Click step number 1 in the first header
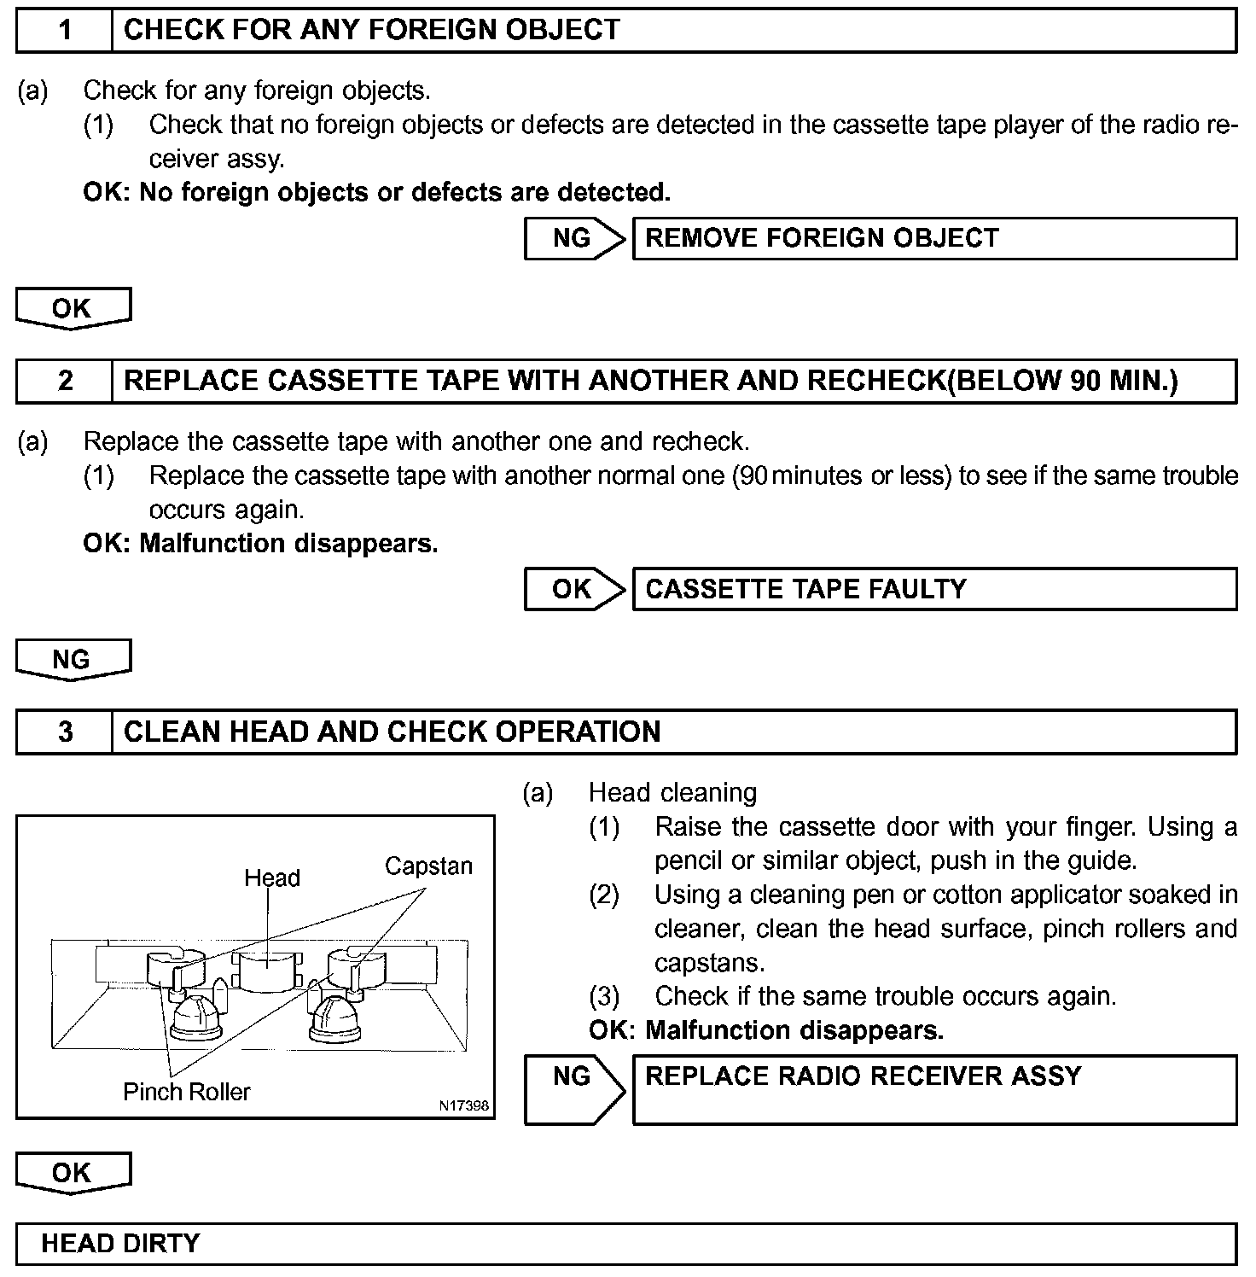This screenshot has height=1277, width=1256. point(65,30)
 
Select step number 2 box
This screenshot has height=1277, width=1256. point(65,381)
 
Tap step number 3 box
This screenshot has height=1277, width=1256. point(65,732)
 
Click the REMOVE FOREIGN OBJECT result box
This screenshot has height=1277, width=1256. point(934,238)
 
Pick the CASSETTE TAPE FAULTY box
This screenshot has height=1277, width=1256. point(934,589)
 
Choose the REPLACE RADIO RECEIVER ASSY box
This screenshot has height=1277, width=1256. point(934,1089)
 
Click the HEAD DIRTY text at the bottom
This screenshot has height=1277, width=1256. point(120,1243)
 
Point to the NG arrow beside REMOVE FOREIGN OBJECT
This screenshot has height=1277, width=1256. point(574,238)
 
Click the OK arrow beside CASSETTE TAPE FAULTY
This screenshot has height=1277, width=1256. point(574,589)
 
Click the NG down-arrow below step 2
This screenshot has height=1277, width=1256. point(73,660)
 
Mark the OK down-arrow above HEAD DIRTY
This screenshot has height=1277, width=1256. point(73,1173)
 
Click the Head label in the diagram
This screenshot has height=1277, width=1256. point(272,878)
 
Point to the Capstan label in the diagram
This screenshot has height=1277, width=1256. point(428,866)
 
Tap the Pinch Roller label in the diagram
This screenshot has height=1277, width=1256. point(187,1092)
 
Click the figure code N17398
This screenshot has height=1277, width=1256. point(464,1105)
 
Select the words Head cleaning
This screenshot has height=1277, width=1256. point(672,793)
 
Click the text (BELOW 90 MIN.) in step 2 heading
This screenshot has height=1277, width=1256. point(1062,381)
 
